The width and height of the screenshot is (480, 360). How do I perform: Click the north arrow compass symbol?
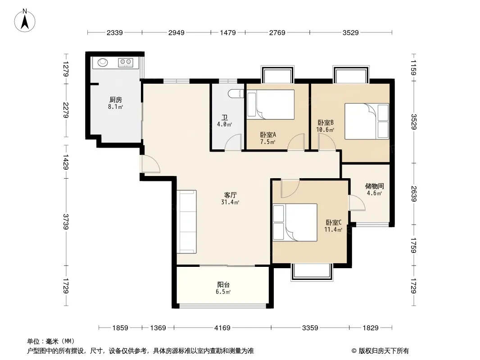click(25, 21)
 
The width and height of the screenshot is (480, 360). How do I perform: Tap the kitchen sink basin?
click(103, 63)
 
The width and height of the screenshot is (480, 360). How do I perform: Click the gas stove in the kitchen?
click(126, 63)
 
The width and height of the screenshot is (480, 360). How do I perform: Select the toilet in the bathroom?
click(236, 93)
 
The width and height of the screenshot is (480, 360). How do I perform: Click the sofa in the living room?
click(187, 222)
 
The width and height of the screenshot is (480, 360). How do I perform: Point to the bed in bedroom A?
click(271, 104)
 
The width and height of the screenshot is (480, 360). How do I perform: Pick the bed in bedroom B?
click(367, 121)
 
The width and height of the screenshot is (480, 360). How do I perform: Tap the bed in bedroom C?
click(295, 222)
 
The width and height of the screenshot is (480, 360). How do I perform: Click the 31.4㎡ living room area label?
click(230, 202)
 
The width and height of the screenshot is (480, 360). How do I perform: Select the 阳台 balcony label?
click(223, 284)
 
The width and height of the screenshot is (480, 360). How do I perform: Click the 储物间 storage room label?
click(374, 186)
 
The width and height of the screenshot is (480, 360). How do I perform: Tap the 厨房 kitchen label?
click(116, 100)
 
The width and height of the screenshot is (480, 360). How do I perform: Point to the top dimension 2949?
click(177, 32)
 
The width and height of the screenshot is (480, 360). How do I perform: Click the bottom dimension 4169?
click(222, 328)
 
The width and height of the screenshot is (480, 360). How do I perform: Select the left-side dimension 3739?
click(66, 222)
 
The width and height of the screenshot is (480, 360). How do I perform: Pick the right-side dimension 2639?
click(414, 194)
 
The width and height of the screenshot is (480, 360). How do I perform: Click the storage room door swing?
click(357, 202)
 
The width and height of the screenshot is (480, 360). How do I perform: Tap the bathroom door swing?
click(233, 143)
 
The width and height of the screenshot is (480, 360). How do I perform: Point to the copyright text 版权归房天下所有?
click(384, 351)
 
